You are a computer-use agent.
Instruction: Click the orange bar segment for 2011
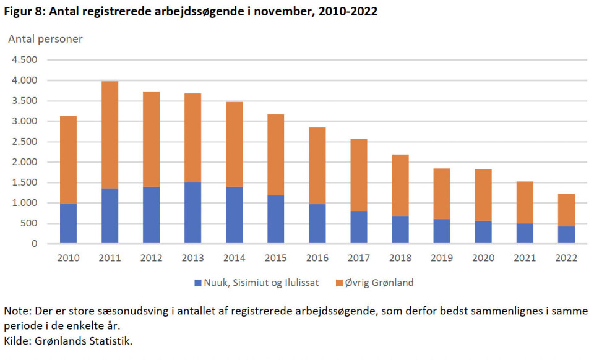coord(110,135)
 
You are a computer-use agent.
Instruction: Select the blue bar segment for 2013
coord(193,213)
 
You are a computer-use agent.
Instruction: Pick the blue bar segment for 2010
coord(69,223)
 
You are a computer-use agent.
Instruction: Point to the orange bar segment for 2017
coord(359,175)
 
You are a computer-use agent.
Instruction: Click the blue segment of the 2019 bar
coord(442,231)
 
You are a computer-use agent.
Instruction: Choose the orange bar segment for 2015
coord(276,155)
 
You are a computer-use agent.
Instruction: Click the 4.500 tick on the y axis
coord(25,60)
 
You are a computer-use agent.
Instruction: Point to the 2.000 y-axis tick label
coord(25,162)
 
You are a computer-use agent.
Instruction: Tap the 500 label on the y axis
coord(29,223)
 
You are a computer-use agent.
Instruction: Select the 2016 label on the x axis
coord(317,258)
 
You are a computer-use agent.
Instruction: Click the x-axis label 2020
coord(483,258)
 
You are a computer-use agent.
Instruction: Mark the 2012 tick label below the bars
coord(152,258)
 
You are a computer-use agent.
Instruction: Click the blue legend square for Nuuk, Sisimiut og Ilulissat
coord(198,283)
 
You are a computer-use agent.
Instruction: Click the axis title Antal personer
coord(45,39)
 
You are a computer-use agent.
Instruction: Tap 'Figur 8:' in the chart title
coord(25,11)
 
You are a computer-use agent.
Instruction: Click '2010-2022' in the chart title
coord(350,11)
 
